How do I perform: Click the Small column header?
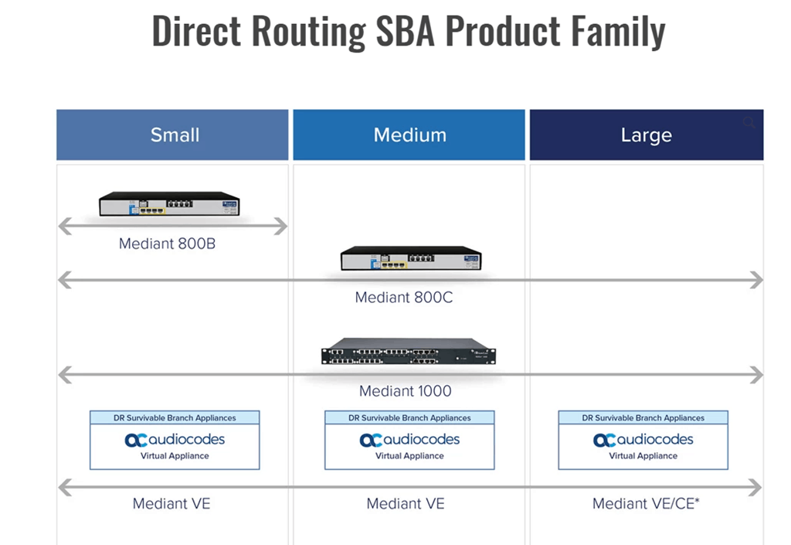pyautogui.click(x=175, y=135)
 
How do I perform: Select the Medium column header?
pyautogui.click(x=409, y=135)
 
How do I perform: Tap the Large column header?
pyautogui.click(x=646, y=135)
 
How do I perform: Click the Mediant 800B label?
pyautogui.click(x=168, y=244)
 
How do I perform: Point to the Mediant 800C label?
pyautogui.click(x=404, y=297)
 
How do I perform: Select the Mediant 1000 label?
pyautogui.click(x=406, y=391)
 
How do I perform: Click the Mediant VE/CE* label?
pyautogui.click(x=646, y=504)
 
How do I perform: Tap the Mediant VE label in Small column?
pyautogui.click(x=171, y=504)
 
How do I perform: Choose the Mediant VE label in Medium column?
pyautogui.click(x=406, y=504)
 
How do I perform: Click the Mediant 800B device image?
pyautogui.click(x=169, y=204)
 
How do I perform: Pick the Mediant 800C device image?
pyautogui.click(x=410, y=259)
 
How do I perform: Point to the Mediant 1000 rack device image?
pyautogui.click(x=409, y=352)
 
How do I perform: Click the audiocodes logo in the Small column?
pyautogui.click(x=175, y=440)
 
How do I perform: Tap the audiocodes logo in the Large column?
pyautogui.click(x=643, y=440)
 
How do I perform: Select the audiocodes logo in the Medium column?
pyautogui.click(x=409, y=440)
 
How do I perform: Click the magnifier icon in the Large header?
pyautogui.click(x=749, y=123)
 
